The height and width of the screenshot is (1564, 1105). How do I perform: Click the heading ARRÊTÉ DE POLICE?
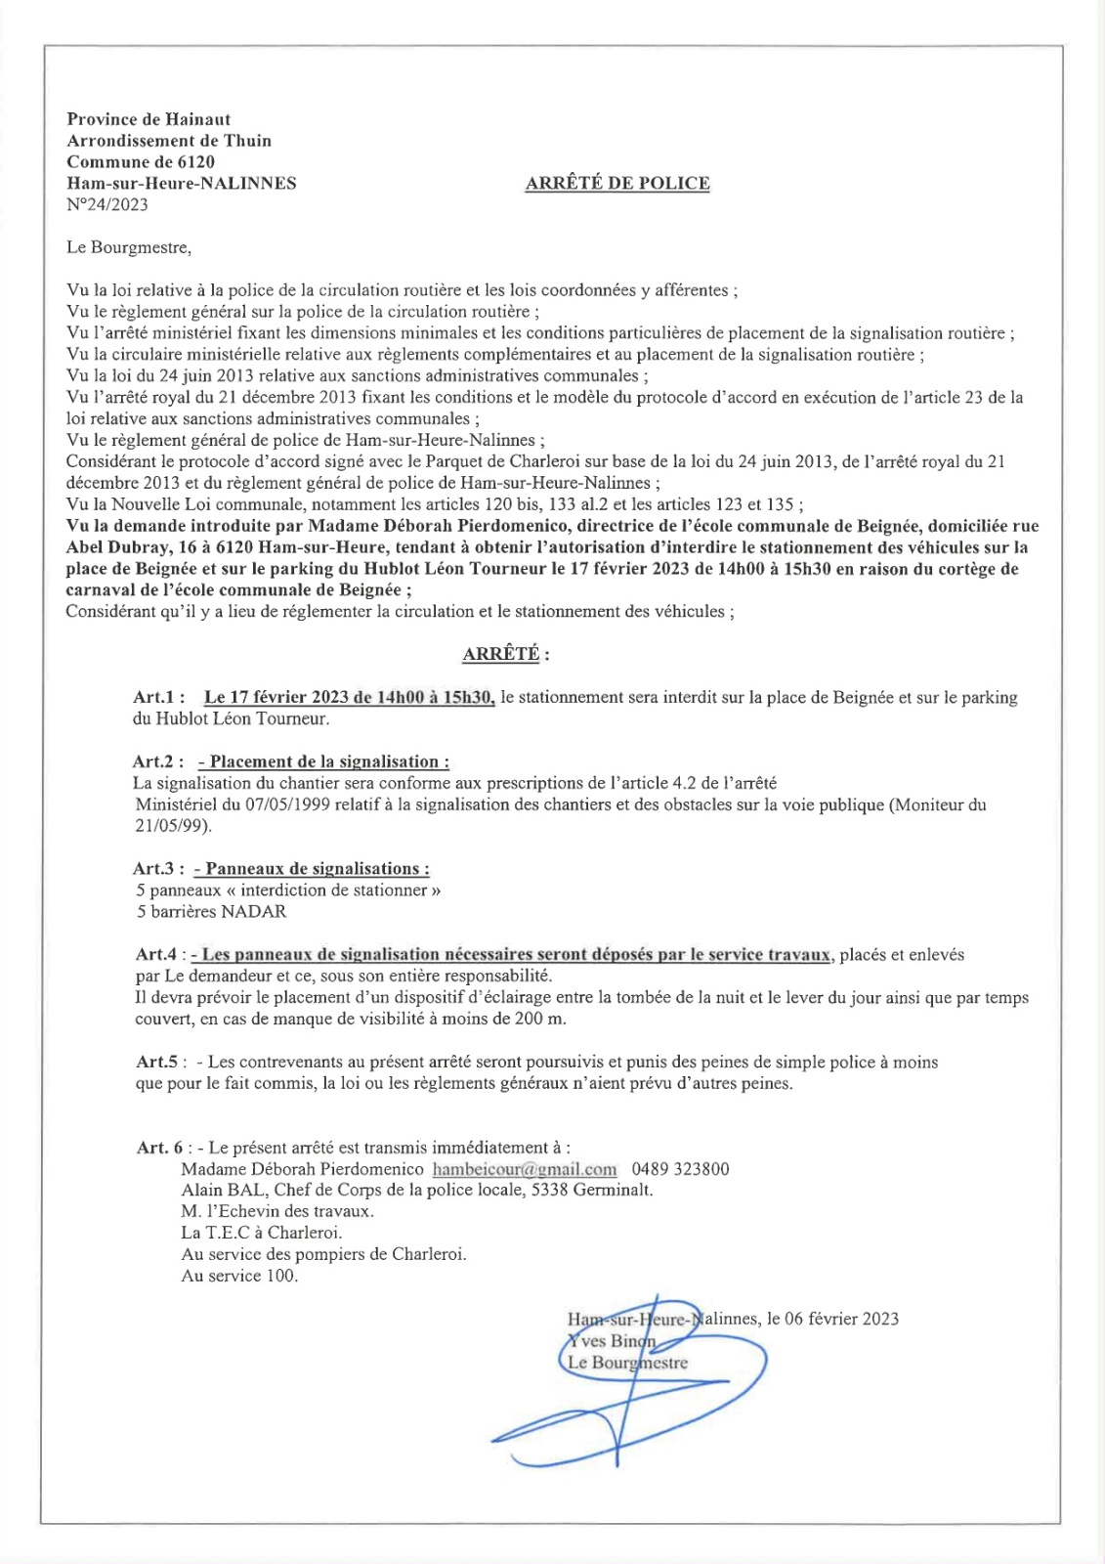click(x=617, y=184)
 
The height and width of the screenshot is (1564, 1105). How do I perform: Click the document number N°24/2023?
click(x=107, y=205)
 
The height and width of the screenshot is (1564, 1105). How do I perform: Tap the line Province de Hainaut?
click(x=149, y=119)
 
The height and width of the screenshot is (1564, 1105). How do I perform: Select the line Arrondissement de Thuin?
click(x=169, y=141)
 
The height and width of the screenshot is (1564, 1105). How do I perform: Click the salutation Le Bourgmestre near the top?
click(x=128, y=248)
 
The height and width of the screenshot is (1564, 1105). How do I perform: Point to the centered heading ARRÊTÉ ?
click(x=505, y=654)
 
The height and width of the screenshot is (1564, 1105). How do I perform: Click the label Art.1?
click(x=158, y=698)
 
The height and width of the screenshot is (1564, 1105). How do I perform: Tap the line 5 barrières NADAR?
click(x=211, y=912)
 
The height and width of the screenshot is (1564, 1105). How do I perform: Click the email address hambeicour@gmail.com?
click(x=525, y=1170)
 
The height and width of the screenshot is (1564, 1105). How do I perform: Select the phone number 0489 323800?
click(x=680, y=1170)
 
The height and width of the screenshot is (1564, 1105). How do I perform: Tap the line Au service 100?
click(x=239, y=1276)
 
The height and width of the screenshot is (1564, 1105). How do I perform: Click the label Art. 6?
click(x=159, y=1149)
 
